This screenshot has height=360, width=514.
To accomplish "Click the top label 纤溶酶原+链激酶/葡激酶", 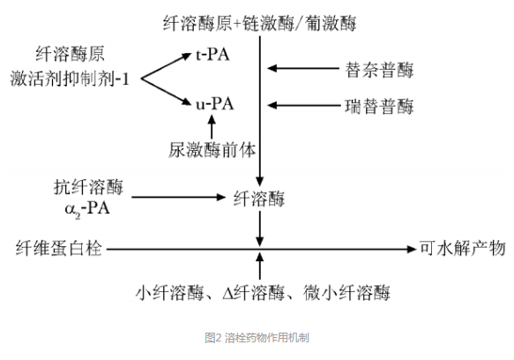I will coord(260,20).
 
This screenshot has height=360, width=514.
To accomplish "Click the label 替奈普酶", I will coord(379,68).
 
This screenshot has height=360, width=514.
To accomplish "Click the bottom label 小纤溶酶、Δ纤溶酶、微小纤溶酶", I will coord(262,292).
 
